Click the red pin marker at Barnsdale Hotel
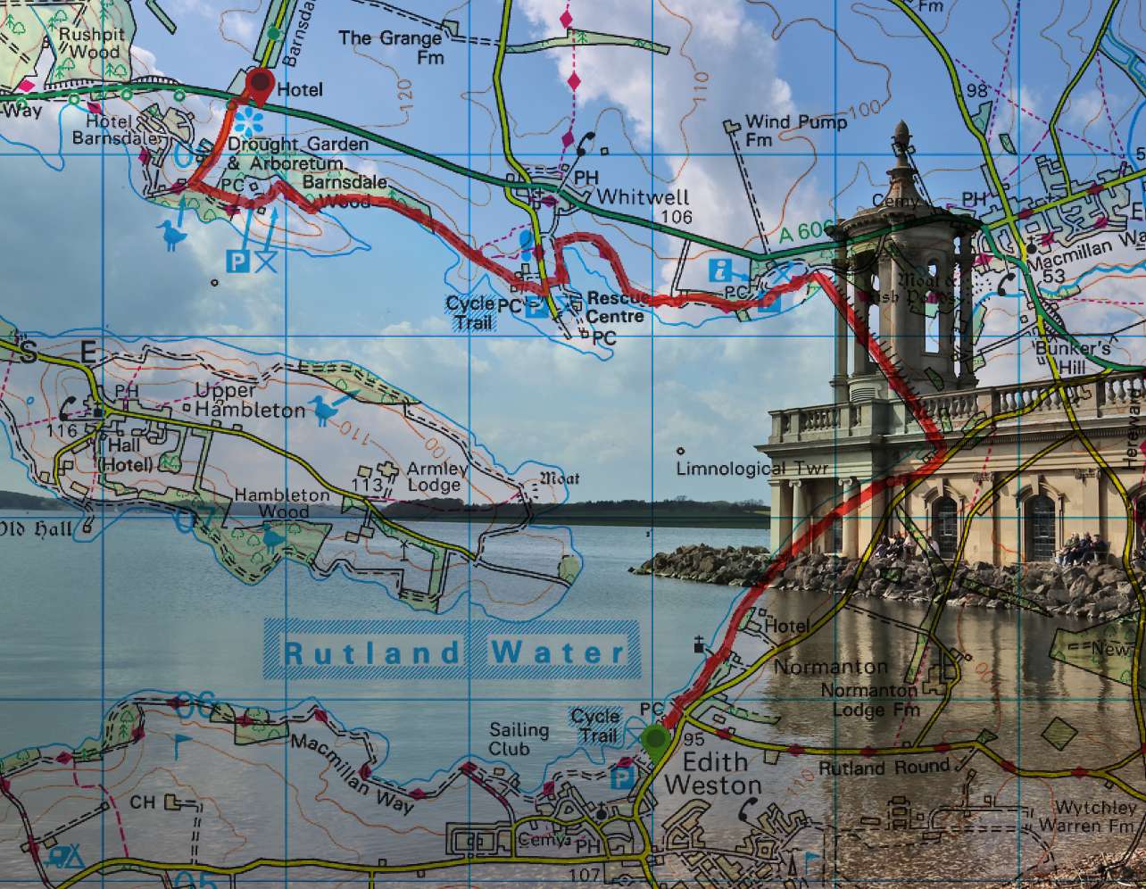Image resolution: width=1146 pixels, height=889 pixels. click(x=260, y=84)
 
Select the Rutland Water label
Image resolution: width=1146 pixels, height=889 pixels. click(x=453, y=652)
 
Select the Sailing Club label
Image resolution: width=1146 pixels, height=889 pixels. click(x=519, y=739)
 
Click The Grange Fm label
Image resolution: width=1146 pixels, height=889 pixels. click(x=391, y=47)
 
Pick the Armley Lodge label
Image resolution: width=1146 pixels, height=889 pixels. click(x=436, y=478)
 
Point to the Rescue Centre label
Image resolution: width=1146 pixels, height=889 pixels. click(x=615, y=307)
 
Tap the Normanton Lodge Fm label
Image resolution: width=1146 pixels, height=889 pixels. click(x=869, y=700)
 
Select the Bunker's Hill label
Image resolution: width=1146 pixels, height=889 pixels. click(x=1072, y=356)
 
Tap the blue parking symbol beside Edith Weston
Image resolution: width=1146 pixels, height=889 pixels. click(x=622, y=777)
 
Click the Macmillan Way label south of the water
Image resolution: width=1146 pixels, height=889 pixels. click(x=352, y=774)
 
